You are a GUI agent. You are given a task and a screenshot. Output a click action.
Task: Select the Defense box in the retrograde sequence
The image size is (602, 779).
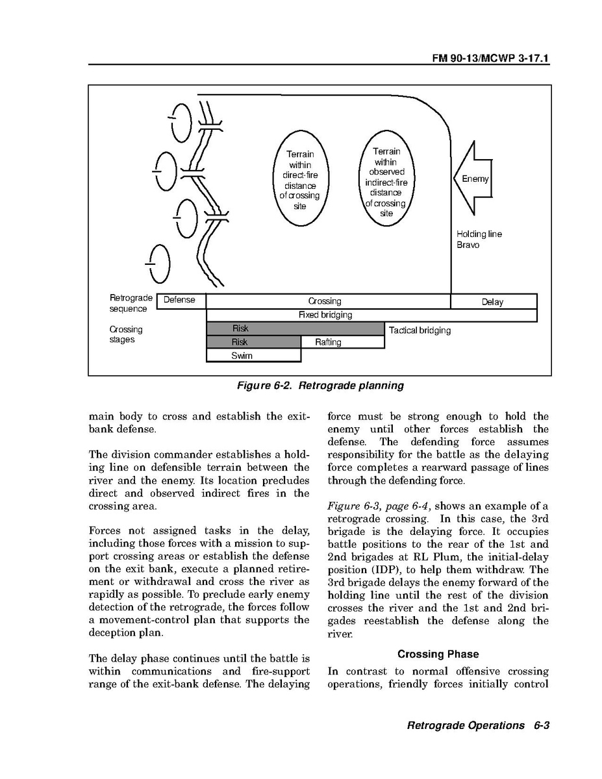pos(180,301)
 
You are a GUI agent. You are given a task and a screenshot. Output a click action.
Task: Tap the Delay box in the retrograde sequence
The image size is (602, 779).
pos(493,302)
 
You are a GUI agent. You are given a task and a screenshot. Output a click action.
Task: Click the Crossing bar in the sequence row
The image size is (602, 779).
pos(325,301)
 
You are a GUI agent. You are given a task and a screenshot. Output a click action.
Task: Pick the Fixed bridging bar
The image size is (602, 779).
pos(325,315)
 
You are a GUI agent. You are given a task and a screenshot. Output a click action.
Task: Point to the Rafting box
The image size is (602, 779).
pos(329,342)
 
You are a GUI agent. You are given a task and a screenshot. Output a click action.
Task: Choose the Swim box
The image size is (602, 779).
pos(242,356)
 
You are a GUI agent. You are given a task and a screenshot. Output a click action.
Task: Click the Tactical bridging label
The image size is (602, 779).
pos(420,330)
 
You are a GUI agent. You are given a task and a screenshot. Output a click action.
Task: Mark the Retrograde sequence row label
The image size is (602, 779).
pos(131,303)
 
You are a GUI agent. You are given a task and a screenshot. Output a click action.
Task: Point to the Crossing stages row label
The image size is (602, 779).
pos(125,334)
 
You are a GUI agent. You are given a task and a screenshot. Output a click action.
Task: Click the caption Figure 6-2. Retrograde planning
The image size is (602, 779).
pos(320,386)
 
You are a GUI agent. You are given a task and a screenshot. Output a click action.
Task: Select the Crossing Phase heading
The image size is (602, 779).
pos(438,654)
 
